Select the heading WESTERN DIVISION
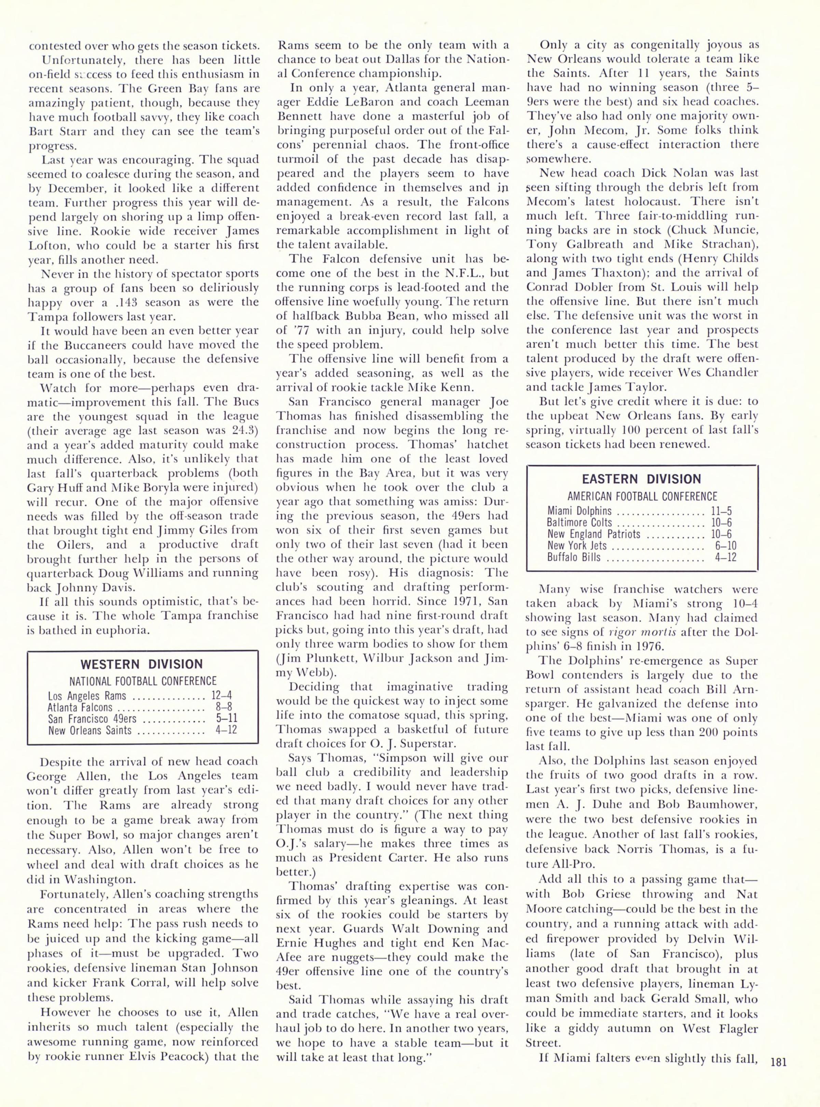click(142, 664)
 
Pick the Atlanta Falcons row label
click(80, 707)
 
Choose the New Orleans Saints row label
click(90, 730)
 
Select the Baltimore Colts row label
click(579, 523)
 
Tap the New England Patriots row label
click(594, 534)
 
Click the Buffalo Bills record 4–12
click(725, 557)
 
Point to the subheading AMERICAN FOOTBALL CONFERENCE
click(642, 496)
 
